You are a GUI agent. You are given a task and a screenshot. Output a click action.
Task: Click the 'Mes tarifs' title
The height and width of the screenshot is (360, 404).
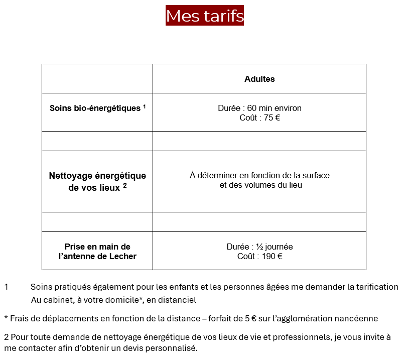205,16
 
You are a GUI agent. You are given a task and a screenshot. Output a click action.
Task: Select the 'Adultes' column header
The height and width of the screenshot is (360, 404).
259,79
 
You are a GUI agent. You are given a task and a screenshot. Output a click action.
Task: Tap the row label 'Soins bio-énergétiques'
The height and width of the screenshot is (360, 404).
94,108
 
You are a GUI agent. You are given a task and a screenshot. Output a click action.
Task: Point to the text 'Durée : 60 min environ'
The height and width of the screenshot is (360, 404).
259,108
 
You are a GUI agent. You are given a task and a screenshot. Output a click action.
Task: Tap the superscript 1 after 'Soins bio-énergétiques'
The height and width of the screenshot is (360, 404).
144,106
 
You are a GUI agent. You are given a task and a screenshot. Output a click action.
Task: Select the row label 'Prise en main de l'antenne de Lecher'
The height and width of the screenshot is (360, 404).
97,252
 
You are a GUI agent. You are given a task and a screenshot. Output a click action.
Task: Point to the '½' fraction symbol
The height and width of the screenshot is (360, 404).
260,247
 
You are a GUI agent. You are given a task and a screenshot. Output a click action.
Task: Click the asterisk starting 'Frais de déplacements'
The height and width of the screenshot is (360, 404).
6,318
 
